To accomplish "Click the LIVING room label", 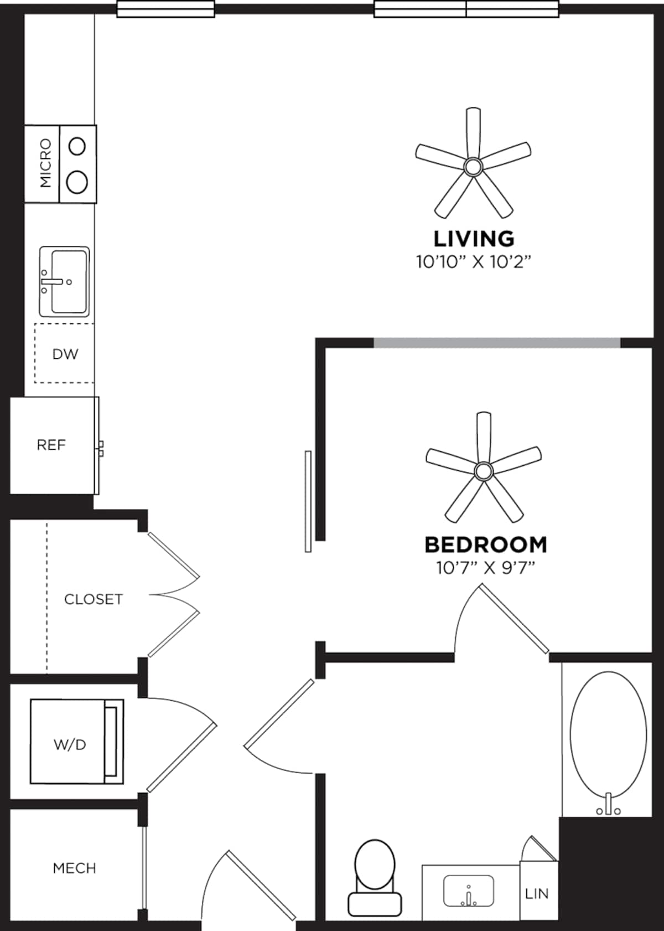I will point(474,239).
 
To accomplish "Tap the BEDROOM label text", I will point(485,544).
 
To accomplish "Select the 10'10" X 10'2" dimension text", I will point(474,261).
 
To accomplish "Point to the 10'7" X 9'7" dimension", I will point(485,568).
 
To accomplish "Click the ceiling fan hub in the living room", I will point(473,166).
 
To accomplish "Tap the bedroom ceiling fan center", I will point(483,471).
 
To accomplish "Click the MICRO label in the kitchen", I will point(45,163).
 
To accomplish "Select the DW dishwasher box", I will point(65,354).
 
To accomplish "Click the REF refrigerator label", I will point(51,445).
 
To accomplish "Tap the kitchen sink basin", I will point(69,281).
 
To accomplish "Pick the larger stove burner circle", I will point(77,182).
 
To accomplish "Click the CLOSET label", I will point(93,599).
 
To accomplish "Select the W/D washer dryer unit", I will point(70,744).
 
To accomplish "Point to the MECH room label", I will point(74,868).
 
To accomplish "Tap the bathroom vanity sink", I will point(469,891).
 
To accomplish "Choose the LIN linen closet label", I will point(536,893).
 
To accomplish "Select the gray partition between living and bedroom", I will point(496,343).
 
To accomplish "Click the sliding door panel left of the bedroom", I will point(308,501).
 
